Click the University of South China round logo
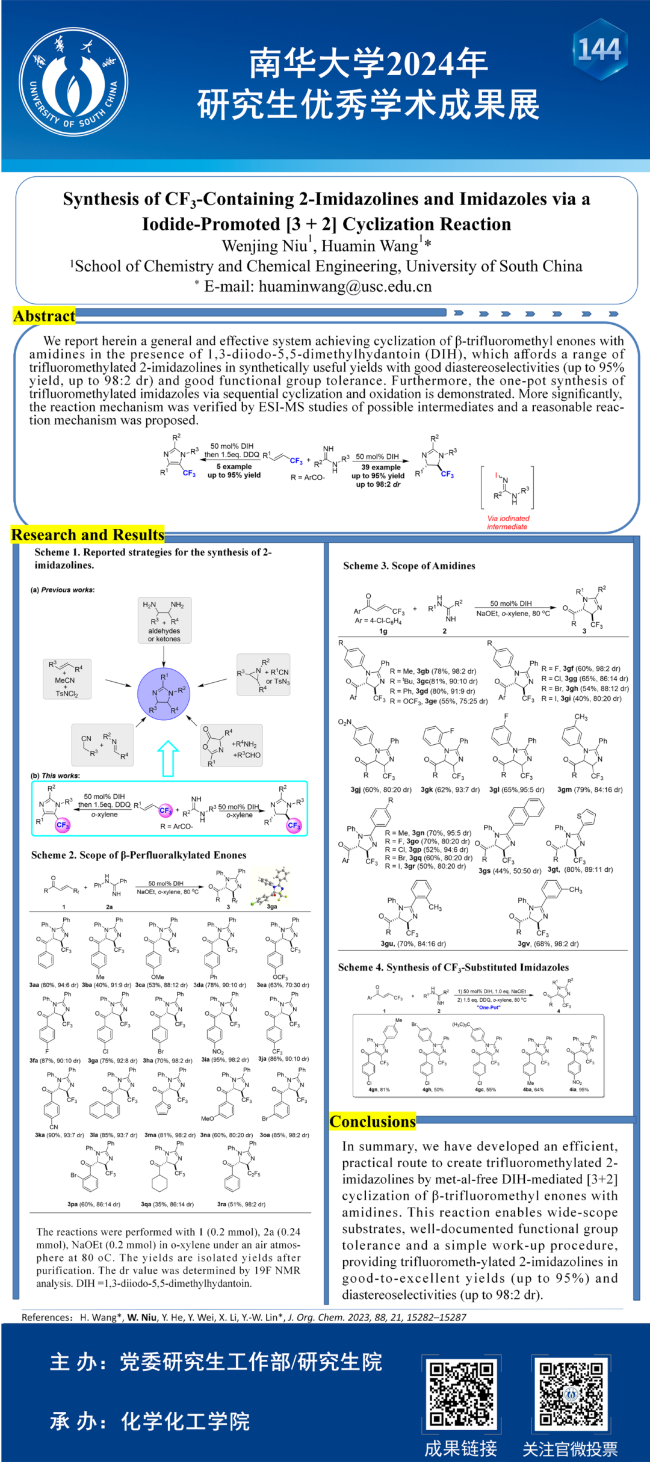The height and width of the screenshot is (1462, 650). coord(73,82)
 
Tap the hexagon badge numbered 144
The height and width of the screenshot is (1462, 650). coord(599,49)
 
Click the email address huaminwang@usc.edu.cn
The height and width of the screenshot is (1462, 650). coord(345,286)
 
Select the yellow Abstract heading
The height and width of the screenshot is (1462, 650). coord(45,316)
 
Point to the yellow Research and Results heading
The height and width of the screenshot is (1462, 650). coord(88,535)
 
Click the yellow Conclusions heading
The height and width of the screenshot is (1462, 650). coord(373,1121)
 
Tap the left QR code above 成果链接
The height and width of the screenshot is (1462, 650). coord(461,1393)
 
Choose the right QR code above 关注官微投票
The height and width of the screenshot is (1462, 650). coord(571,1393)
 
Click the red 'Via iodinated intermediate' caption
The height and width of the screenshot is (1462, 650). coord(508,522)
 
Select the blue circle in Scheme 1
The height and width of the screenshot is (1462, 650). coord(164,693)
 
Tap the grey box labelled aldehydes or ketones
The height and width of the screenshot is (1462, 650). coord(164,620)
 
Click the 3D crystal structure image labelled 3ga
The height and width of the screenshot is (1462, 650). coord(273,886)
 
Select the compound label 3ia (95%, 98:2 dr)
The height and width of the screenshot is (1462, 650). coord(224,1060)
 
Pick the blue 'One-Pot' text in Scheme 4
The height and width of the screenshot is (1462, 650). coord(489,1007)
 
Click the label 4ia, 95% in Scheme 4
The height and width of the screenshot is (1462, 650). coord(579,1090)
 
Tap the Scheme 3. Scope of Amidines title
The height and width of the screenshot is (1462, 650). coord(409,566)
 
